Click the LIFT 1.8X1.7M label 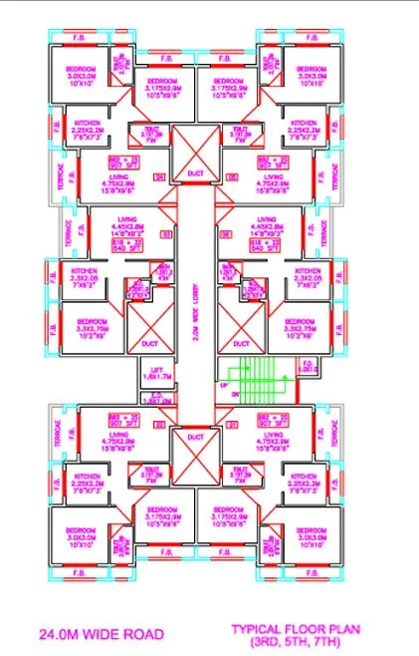157,374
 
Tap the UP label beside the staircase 224,384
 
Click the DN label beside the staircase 224,396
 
